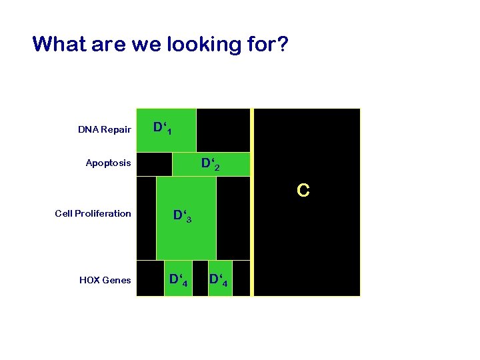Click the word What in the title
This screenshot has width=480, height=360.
(x=59, y=45)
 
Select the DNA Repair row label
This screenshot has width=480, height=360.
(x=104, y=129)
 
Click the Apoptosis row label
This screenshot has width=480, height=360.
(x=108, y=163)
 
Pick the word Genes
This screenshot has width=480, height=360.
(x=117, y=280)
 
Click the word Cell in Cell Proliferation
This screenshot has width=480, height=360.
(x=65, y=213)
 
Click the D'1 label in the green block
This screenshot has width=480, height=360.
(x=161, y=127)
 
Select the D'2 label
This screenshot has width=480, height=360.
(x=211, y=164)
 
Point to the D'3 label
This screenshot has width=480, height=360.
(x=182, y=217)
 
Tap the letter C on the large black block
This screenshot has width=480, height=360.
(x=303, y=191)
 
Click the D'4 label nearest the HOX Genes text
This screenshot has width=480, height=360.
(x=177, y=279)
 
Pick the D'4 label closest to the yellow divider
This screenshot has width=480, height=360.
(x=219, y=279)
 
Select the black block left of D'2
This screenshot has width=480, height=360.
(x=154, y=164)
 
